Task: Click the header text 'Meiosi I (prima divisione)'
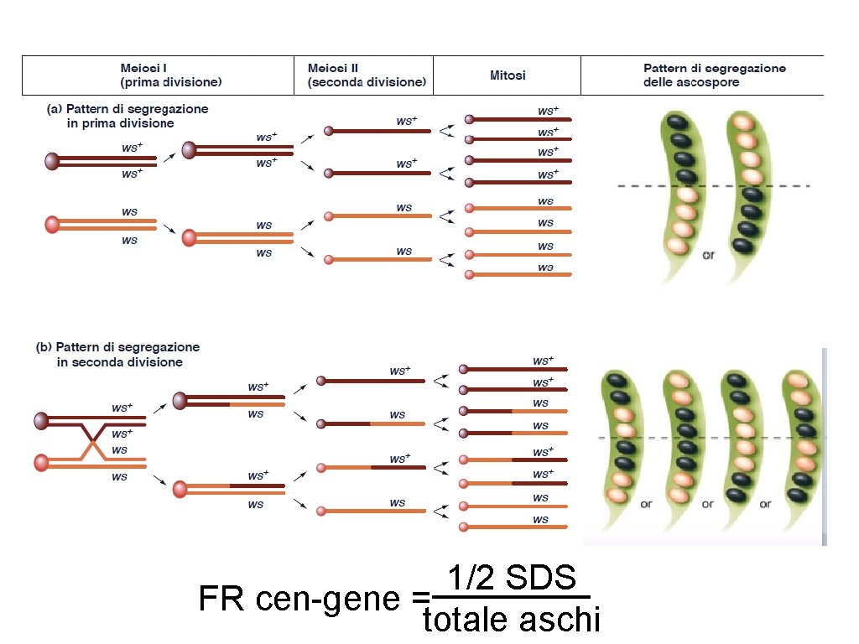170,75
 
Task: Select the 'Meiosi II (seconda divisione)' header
367,75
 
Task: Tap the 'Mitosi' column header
508,75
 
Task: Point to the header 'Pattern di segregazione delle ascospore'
714,75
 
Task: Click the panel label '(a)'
53,109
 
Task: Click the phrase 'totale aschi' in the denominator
512,621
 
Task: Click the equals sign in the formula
420,600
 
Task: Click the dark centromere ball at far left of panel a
53,161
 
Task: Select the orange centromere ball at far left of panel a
53,224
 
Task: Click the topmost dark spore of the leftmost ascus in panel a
674,122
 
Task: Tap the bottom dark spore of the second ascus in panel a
742,245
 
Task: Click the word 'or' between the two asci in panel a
708,255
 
